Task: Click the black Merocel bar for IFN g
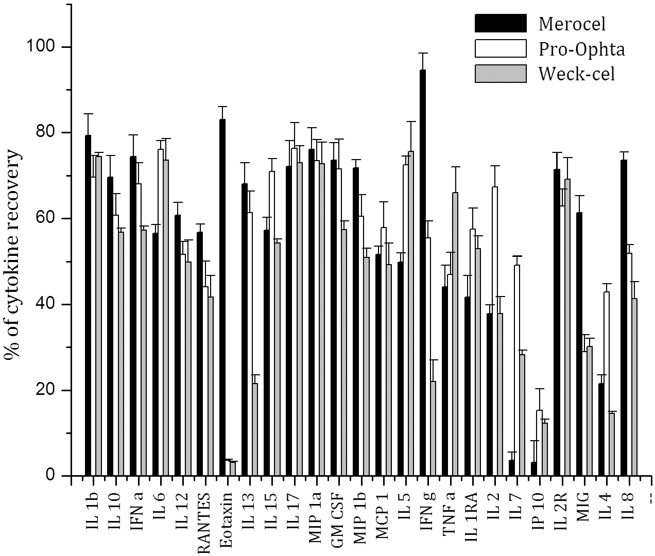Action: (x=422, y=273)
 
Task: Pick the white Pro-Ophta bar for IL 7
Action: (x=516, y=371)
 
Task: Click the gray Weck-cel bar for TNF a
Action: (x=455, y=334)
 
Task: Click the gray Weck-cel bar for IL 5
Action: (x=410, y=314)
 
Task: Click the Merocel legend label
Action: (x=572, y=23)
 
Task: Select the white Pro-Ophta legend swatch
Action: (x=500, y=48)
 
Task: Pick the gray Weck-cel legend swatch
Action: (x=500, y=74)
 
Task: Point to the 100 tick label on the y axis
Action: (x=42, y=47)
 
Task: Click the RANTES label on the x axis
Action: (x=204, y=520)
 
